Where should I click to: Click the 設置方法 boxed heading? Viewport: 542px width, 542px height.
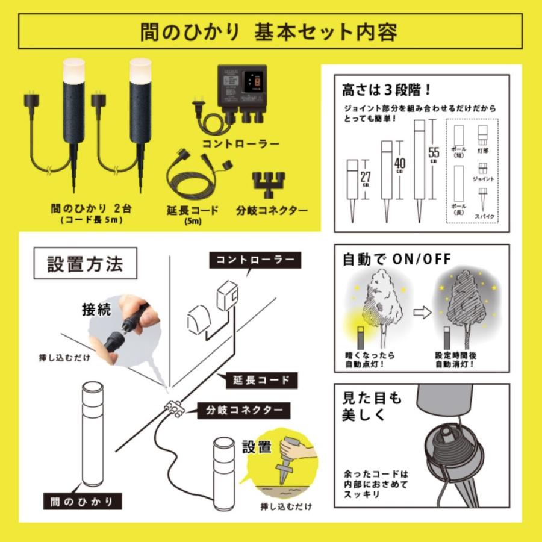[85, 264]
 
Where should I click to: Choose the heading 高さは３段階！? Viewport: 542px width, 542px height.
[385, 90]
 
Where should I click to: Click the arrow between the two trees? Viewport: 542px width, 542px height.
[422, 313]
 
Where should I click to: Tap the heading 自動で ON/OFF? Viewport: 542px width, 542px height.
[396, 259]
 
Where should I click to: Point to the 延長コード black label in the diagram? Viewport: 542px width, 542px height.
[261, 379]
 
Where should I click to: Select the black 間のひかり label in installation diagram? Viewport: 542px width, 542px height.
[83, 501]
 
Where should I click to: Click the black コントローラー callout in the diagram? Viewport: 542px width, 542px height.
[252, 260]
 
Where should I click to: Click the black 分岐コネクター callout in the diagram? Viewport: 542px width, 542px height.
[244, 411]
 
